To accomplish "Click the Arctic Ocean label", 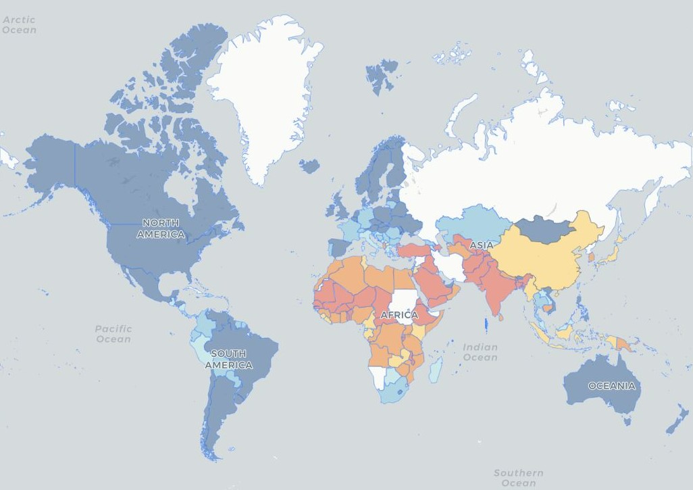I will (x=19, y=25).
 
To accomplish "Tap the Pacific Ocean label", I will (x=113, y=334).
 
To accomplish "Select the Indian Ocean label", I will (x=480, y=352).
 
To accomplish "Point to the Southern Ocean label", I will (x=518, y=478).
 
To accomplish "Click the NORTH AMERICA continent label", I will (x=161, y=228).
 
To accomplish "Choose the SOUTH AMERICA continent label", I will (x=228, y=359).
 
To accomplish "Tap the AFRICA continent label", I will (x=399, y=315).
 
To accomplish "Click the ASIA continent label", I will (x=482, y=245).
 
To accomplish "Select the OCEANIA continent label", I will (x=611, y=386).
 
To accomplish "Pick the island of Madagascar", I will (x=436, y=369).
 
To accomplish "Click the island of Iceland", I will (x=309, y=166).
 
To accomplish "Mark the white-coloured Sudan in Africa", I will (x=404, y=301).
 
